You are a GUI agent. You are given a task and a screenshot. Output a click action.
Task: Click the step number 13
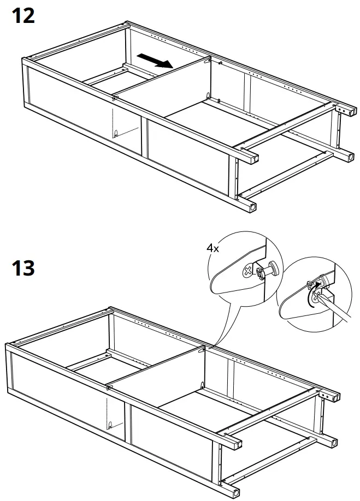pyautogui.click(x=23, y=269)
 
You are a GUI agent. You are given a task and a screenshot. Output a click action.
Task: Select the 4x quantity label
pyautogui.click(x=212, y=248)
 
